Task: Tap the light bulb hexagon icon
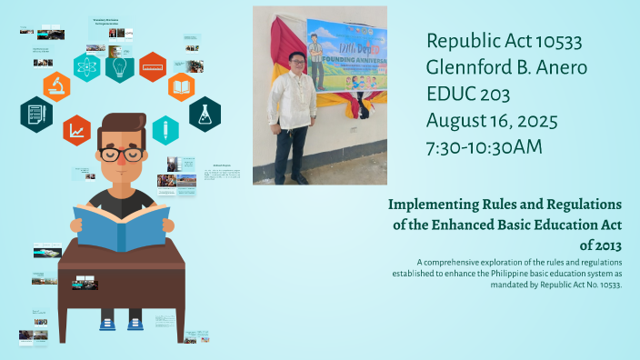pyautogui.click(x=120, y=66)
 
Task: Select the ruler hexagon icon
pyautogui.click(x=152, y=66)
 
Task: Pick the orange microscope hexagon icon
pyautogui.click(x=56, y=86)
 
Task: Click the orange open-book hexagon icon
pyautogui.click(x=182, y=87)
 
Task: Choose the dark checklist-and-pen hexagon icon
pyautogui.click(x=35, y=115)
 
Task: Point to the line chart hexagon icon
pyautogui.click(x=76, y=130)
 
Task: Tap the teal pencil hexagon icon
pyautogui.click(x=165, y=130)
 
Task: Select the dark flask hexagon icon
pyautogui.click(x=205, y=114)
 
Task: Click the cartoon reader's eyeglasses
pyautogui.click(x=123, y=155)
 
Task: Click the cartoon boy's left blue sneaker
pyautogui.click(x=108, y=322)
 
